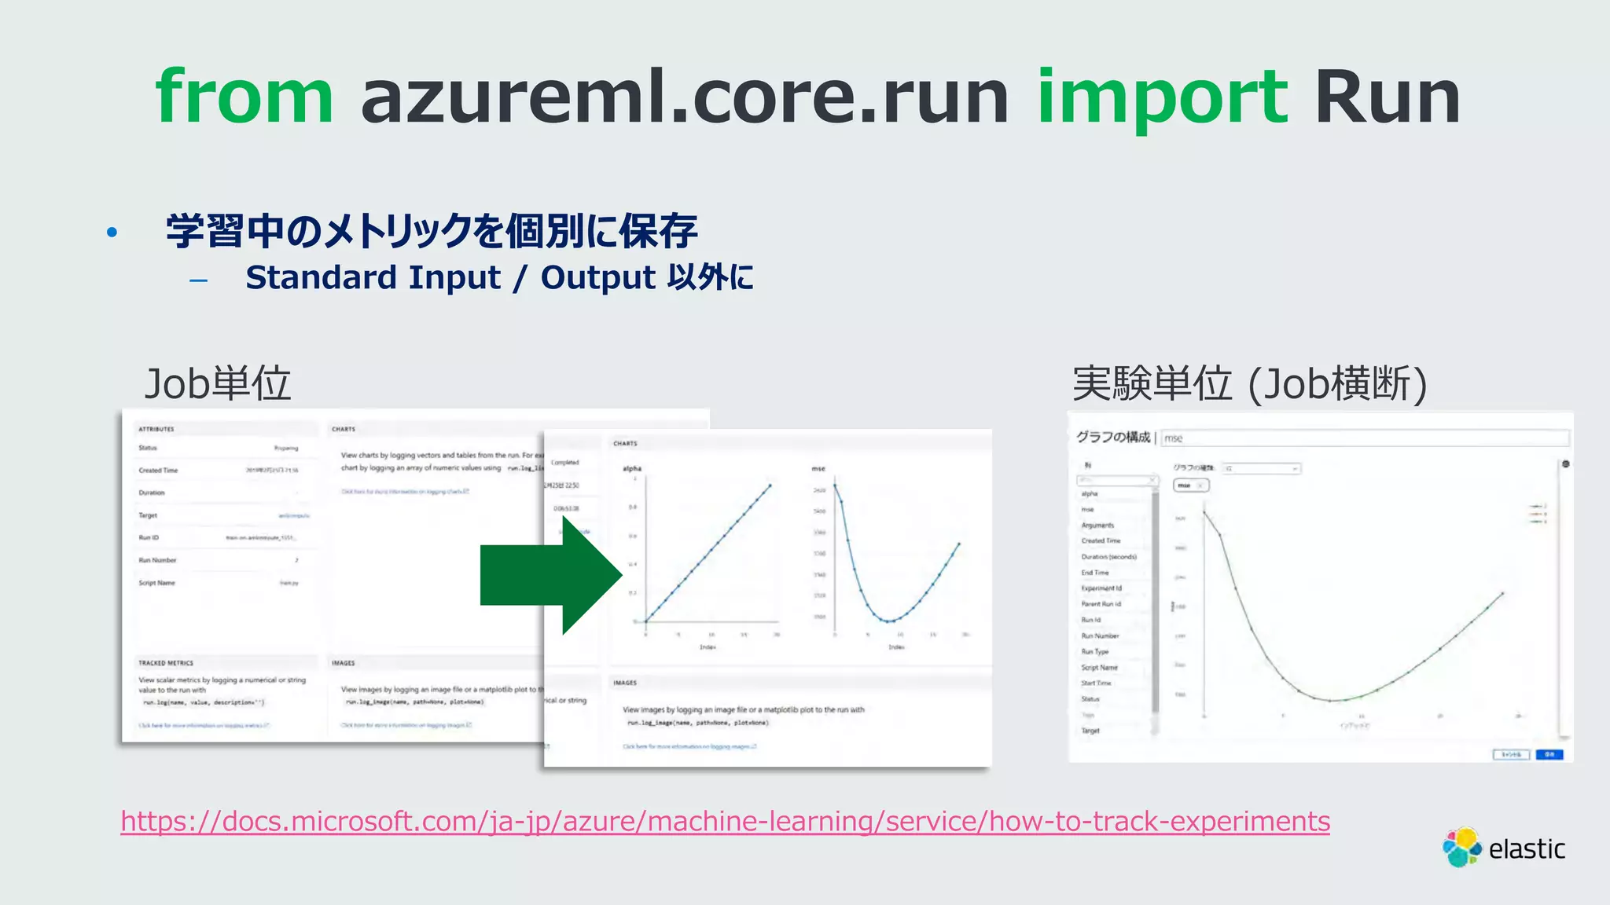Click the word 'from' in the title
click(244, 97)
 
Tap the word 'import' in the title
click(1162, 97)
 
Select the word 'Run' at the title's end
click(1387, 97)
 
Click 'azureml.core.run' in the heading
click(684, 97)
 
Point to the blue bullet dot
click(112, 232)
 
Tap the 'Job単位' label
click(218, 383)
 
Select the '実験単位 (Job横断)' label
click(1249, 383)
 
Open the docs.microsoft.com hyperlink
click(725, 821)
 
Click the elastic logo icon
click(1461, 848)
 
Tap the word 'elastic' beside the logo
click(1526, 849)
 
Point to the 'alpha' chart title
click(632, 468)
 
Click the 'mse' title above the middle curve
click(818, 468)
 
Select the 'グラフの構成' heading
click(1112, 437)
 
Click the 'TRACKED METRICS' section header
click(166, 663)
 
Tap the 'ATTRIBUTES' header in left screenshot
click(156, 429)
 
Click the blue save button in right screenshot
click(1549, 754)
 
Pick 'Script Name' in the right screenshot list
click(1099, 667)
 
